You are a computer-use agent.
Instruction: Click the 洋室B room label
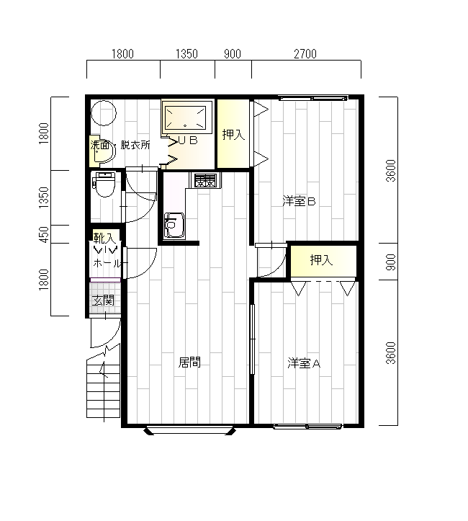(299, 201)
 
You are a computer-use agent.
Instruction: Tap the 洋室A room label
(304, 363)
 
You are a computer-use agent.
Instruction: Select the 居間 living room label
(189, 362)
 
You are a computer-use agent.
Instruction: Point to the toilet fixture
(104, 184)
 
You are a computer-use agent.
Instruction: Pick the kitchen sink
(174, 225)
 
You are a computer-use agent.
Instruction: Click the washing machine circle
(104, 113)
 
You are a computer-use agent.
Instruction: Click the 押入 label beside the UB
(233, 135)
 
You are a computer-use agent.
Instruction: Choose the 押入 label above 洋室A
(321, 260)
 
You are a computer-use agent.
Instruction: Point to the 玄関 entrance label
(103, 300)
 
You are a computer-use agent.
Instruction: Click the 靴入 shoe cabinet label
(104, 238)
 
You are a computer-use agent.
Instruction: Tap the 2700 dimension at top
(305, 54)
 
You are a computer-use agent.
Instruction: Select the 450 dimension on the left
(44, 235)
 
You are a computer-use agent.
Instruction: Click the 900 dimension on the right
(392, 262)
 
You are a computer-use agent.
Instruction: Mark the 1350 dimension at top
(186, 54)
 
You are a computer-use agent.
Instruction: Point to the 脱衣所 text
(135, 145)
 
